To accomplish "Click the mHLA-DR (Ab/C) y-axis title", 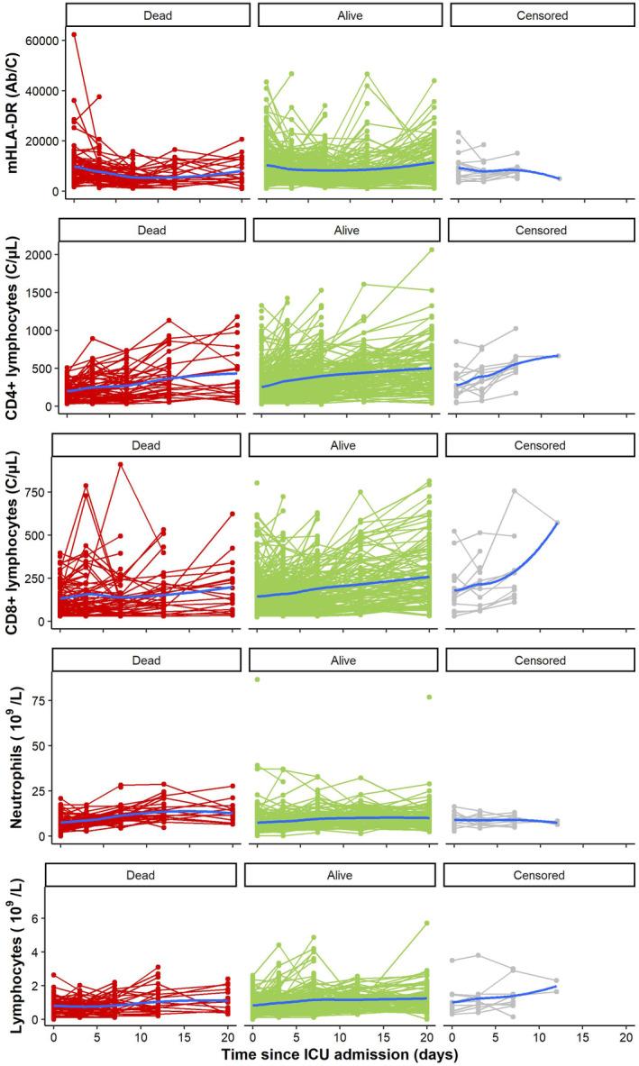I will pyautogui.click(x=16, y=106).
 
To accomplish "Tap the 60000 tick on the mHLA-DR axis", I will pyautogui.click(x=39, y=41).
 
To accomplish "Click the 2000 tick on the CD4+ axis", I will pyautogui.click(x=38, y=255).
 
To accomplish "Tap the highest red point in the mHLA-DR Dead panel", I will pyautogui.click(x=74, y=35).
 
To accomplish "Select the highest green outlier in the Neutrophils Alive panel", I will pyautogui.click(x=258, y=679).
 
